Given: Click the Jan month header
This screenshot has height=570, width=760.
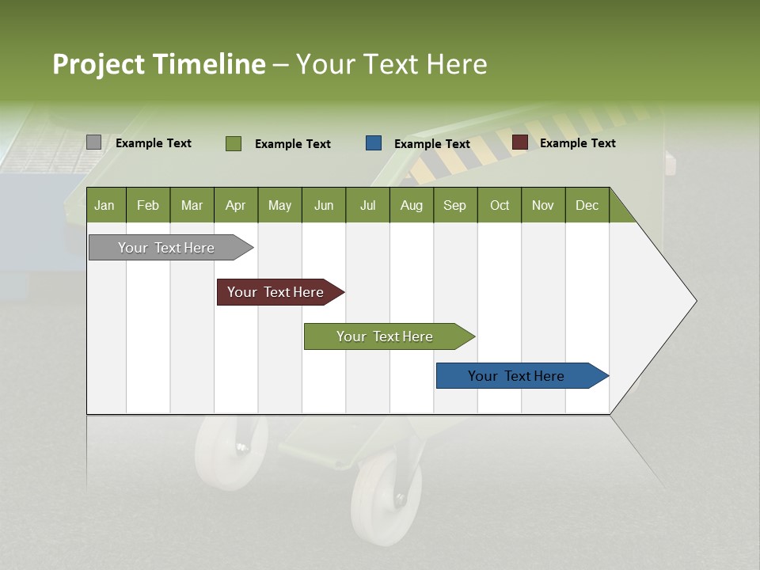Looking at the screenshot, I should click(x=104, y=205).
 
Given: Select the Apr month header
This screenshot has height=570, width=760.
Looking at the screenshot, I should click(x=235, y=205).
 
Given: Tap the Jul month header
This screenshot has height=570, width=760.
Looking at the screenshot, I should click(x=367, y=205).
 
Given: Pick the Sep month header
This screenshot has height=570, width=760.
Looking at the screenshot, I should click(x=454, y=205).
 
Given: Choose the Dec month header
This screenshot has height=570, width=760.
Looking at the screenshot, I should click(x=587, y=205).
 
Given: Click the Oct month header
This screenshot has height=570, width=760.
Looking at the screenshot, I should click(x=500, y=205).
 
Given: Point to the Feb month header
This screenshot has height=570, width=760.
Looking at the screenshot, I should click(x=148, y=205).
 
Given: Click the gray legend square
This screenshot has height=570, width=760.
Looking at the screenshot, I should click(x=93, y=142).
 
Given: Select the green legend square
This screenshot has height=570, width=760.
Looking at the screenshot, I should click(x=233, y=143).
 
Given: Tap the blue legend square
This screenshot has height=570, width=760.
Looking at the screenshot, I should click(x=374, y=143).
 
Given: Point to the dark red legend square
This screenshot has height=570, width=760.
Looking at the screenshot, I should click(x=519, y=142).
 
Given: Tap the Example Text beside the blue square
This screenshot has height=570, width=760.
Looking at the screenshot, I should click(x=431, y=143).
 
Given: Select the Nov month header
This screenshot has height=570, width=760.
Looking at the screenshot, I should click(x=543, y=205).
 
